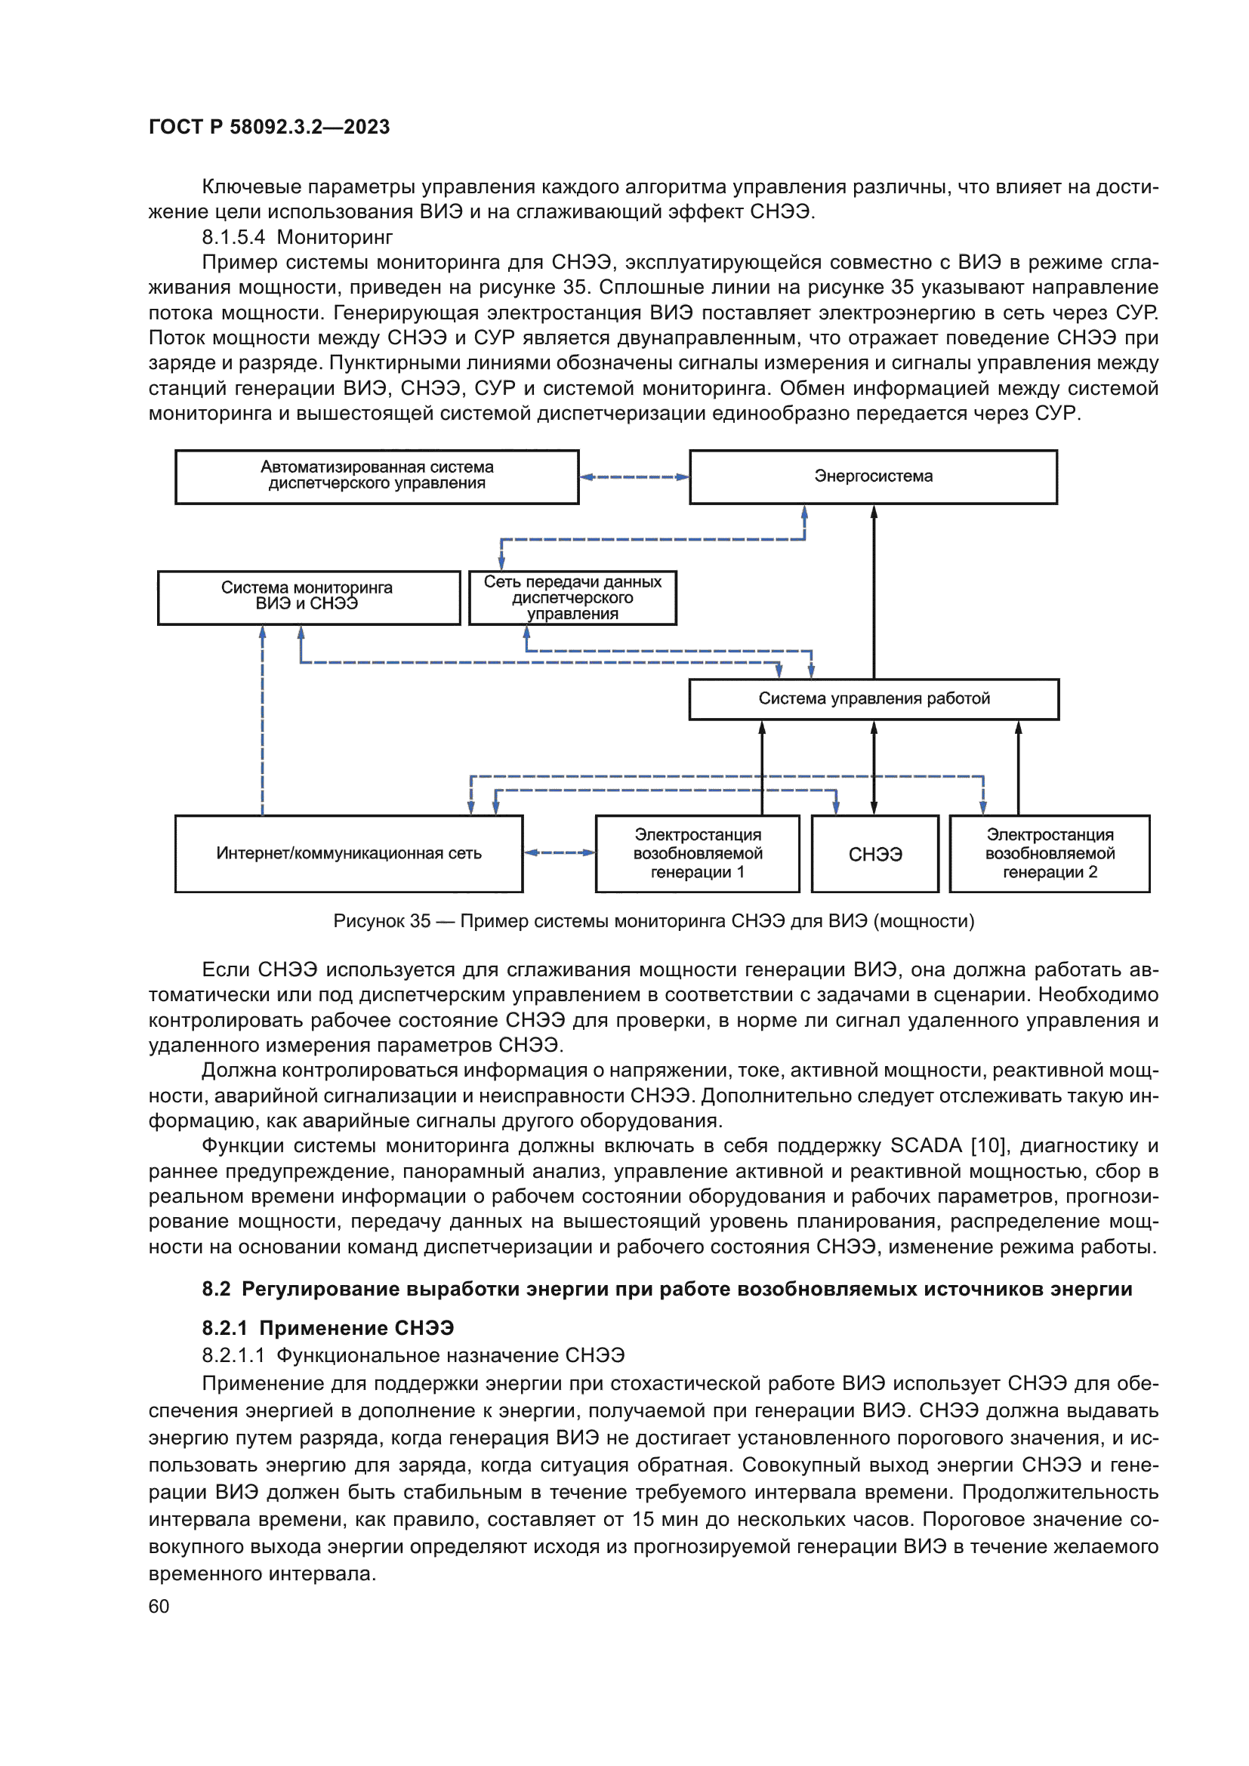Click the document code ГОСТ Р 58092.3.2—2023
pyautogui.click(x=269, y=127)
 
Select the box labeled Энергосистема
pyautogui.click(x=873, y=477)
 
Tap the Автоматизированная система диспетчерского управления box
pyautogui.click(x=377, y=477)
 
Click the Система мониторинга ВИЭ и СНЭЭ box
pyautogui.click(x=307, y=597)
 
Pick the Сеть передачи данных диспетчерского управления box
pyautogui.click(x=572, y=598)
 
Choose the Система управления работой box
pyautogui.click(x=874, y=699)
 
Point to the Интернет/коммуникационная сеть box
pyautogui.click(x=348, y=854)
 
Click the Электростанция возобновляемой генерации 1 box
pyautogui.click(x=698, y=854)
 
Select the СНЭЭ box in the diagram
pyautogui.click(x=875, y=855)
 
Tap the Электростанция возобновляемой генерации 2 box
pyautogui.click(x=1050, y=854)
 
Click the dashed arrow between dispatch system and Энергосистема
pyautogui.click(x=634, y=477)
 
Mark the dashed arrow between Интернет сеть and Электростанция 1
pyautogui.click(x=559, y=852)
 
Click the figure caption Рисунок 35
pyautogui.click(x=654, y=921)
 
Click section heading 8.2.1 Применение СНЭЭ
pyautogui.click(x=328, y=1328)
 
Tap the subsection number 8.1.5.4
pyautogui.click(x=233, y=238)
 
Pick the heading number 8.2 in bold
pyautogui.click(x=216, y=1289)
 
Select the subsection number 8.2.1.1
pyautogui.click(x=233, y=1355)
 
